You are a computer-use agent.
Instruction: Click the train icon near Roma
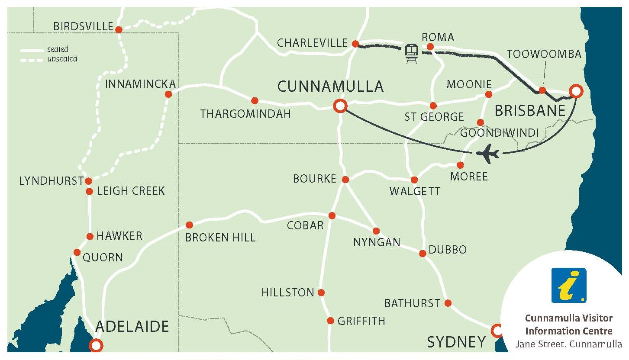point(411,53)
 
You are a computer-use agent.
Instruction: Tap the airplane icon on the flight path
point(488,154)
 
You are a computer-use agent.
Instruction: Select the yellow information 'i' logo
point(568,285)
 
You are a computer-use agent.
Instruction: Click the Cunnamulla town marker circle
point(340,106)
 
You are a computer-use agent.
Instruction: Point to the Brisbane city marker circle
point(575,91)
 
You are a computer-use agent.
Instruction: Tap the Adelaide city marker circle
point(96,345)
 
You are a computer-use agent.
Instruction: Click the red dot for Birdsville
point(118,29)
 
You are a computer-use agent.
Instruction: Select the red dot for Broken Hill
point(189,225)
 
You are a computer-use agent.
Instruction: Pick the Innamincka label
point(141,84)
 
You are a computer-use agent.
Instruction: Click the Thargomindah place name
point(245,114)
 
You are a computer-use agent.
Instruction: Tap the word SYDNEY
point(456,342)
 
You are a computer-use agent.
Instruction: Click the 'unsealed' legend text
point(62,58)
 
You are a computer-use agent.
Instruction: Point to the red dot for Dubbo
point(423,254)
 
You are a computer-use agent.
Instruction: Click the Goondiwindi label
point(499,133)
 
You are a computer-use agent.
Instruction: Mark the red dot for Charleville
point(355,44)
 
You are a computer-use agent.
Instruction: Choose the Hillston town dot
point(321,292)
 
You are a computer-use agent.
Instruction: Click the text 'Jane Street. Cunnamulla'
point(568,344)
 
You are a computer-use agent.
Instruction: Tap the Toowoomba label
point(544,54)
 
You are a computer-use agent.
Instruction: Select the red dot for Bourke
point(345,179)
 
